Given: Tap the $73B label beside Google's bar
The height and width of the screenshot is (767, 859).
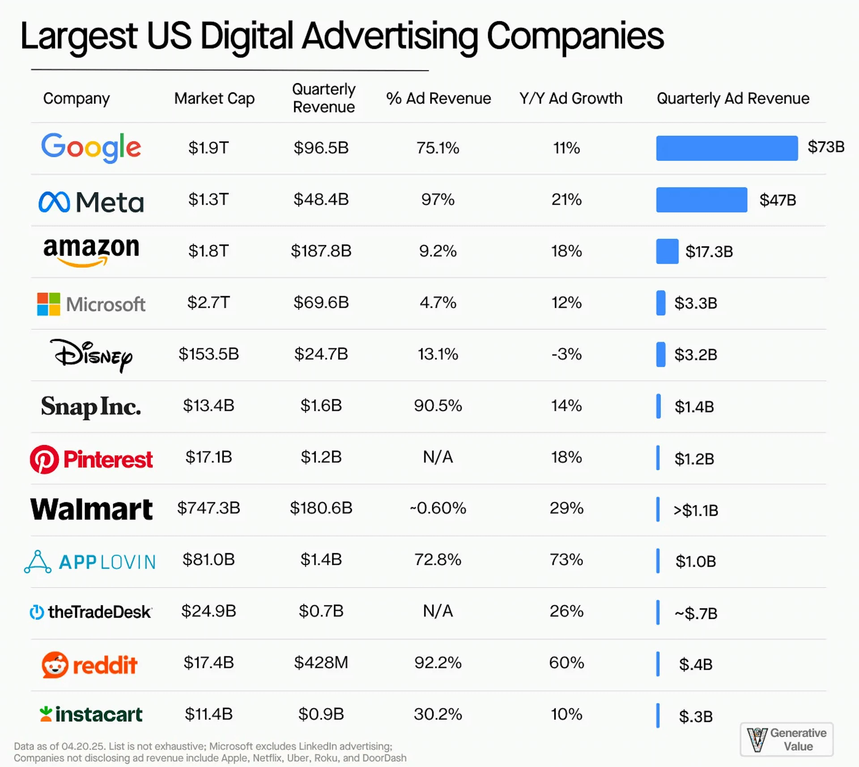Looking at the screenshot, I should coord(825,147).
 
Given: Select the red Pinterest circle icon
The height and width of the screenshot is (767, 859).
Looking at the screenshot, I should coord(44,459).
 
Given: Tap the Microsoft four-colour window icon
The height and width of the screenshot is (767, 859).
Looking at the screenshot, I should coord(49,304).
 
